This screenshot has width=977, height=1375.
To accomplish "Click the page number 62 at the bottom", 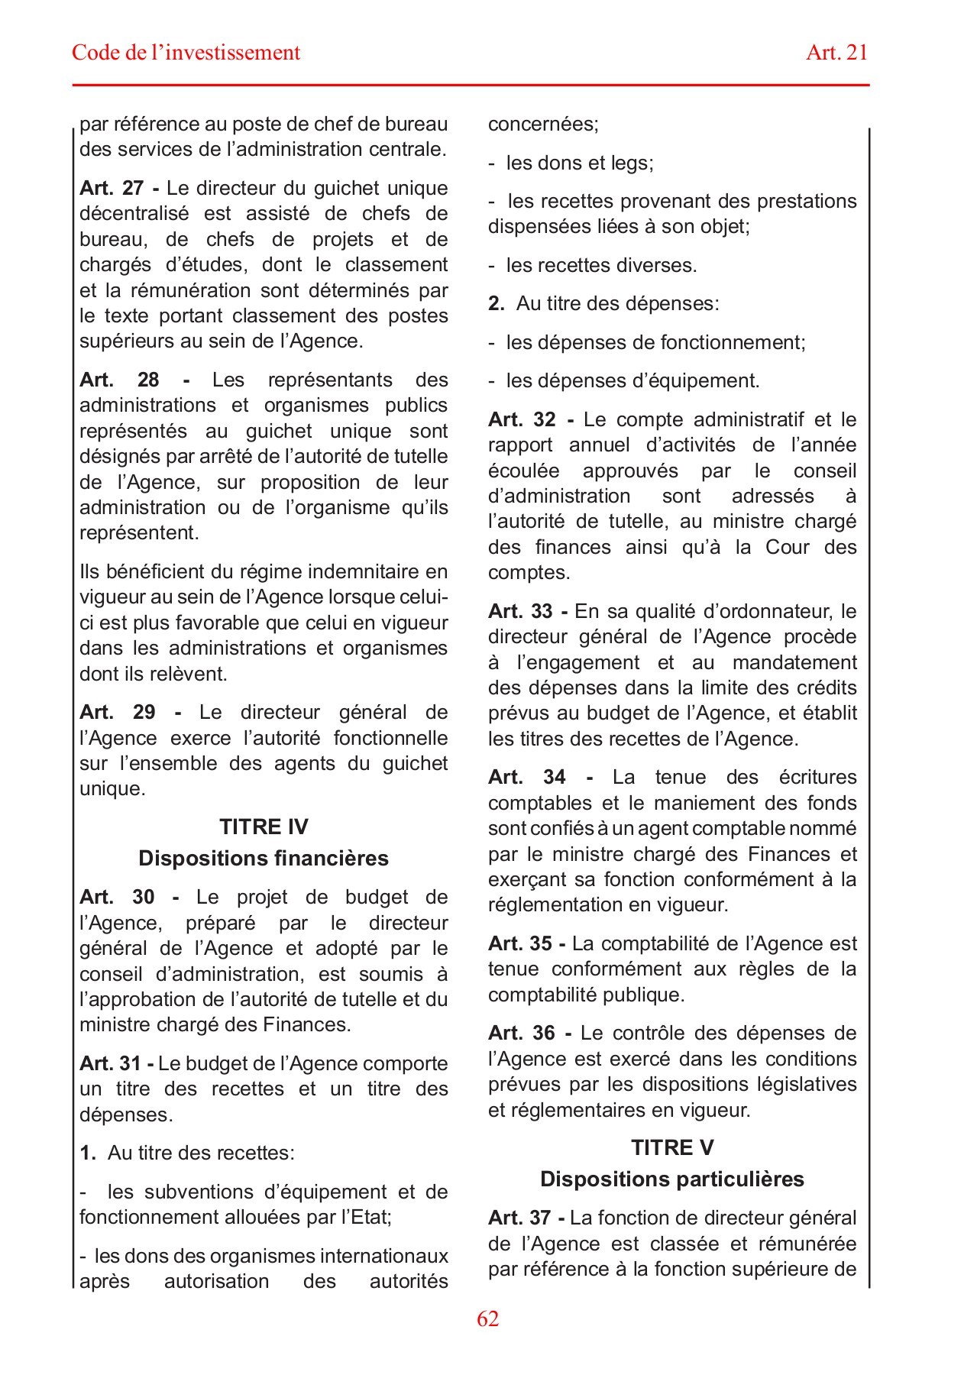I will coord(487,1319).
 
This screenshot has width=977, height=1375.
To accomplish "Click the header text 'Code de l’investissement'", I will coord(186,53).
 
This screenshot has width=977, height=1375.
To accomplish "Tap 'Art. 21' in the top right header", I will coord(836,53).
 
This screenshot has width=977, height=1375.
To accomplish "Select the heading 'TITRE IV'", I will coord(264,827).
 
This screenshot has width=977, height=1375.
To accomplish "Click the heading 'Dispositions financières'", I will coord(264,859).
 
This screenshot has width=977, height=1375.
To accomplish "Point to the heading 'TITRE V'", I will coord(672,1148).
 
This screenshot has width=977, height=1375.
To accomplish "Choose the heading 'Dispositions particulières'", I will coord(672,1179).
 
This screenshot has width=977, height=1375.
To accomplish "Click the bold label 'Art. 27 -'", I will coord(119,188).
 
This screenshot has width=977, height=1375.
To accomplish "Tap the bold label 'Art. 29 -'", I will coord(130,713).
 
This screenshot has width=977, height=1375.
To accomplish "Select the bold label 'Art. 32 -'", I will coord(531,419).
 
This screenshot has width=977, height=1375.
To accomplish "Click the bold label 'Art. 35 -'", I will coord(526,944).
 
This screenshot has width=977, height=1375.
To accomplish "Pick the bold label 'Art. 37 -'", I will coord(526,1218).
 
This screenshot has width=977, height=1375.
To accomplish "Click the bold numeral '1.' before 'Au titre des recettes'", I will coord(87,1153).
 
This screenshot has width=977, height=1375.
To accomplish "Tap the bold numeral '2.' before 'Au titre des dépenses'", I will coord(497,304).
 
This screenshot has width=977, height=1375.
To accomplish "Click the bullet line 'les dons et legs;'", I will coord(579,163).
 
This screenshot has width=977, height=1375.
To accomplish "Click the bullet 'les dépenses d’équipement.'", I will coord(632,381).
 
